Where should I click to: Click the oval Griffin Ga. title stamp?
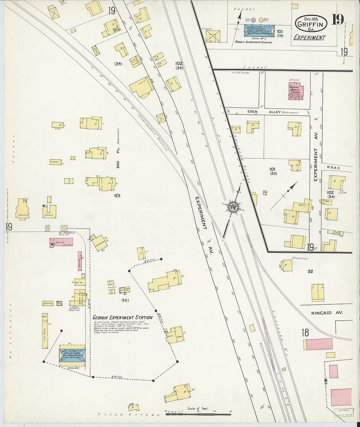click(x=311, y=23)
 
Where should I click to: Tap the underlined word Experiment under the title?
click(x=309, y=37)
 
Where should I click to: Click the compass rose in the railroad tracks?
click(x=233, y=207)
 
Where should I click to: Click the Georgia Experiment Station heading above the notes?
click(x=122, y=317)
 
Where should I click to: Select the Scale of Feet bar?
click(x=198, y=414)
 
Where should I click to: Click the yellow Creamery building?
click(x=49, y=211)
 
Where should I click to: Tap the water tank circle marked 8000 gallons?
click(x=64, y=228)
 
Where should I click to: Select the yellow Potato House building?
click(x=48, y=303)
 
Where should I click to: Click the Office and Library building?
click(x=175, y=335)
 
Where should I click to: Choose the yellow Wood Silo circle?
click(x=261, y=20)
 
